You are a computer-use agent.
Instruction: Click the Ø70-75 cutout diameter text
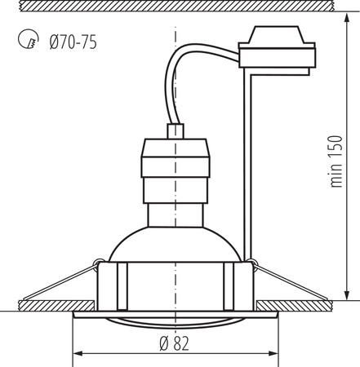(73, 41)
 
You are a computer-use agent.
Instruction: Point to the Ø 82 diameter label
(175, 341)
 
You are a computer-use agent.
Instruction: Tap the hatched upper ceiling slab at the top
(180, 7)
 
